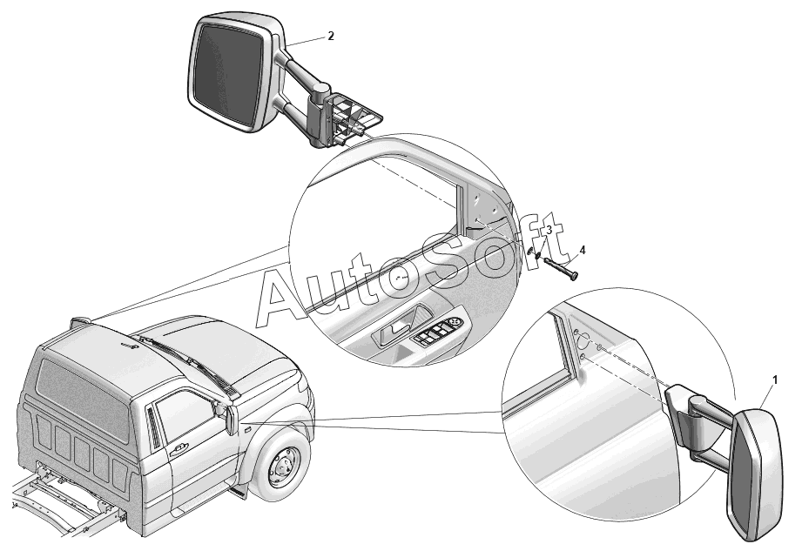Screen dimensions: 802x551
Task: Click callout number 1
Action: [x=775, y=380]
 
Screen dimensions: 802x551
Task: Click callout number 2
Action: [x=331, y=36]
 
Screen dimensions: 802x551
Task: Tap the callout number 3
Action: [x=549, y=230]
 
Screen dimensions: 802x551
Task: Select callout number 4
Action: [x=582, y=250]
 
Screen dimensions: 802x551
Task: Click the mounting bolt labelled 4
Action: [x=561, y=269]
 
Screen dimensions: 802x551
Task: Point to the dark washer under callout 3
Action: [x=537, y=253]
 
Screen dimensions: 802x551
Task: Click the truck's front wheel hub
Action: [x=282, y=463]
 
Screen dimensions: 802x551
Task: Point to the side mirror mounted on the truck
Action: [x=230, y=418]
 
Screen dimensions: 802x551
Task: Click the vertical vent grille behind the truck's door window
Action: [x=153, y=425]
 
